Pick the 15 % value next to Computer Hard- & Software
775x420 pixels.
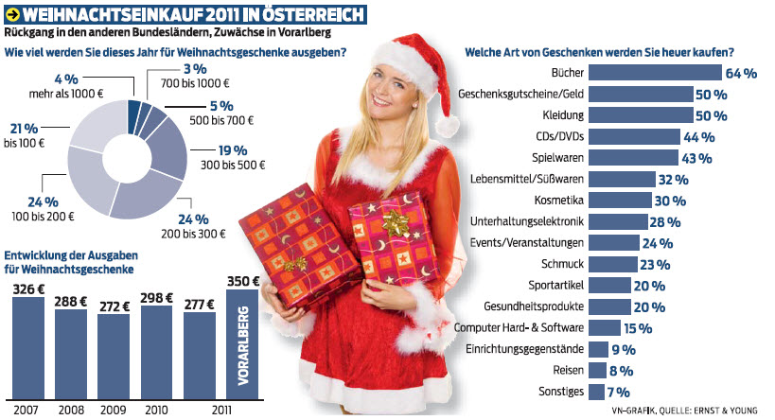pos(636,328)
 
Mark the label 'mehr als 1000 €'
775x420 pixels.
pos(64,94)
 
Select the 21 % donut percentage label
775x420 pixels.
pos(25,128)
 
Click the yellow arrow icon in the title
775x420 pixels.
pos(12,15)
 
